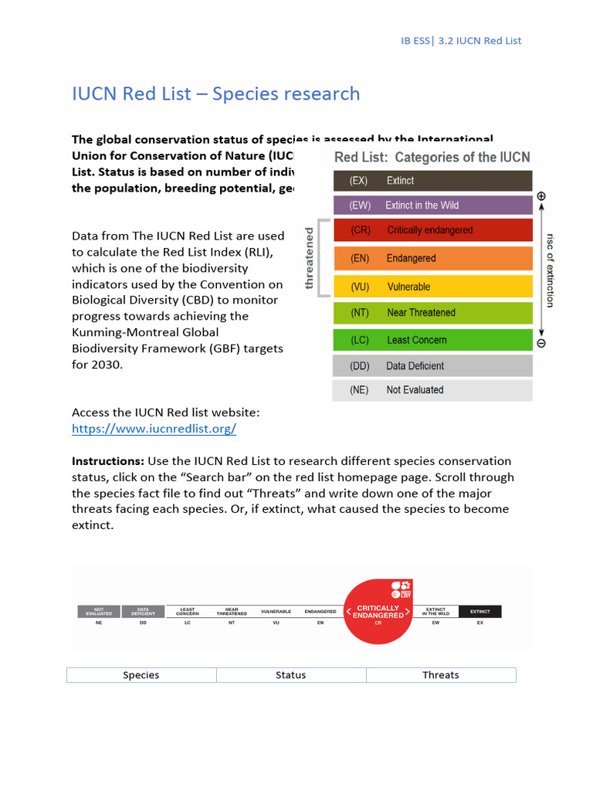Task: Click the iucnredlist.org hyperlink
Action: (x=154, y=429)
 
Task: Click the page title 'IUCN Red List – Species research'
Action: (x=215, y=94)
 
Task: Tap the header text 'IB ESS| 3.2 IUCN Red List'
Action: (x=461, y=40)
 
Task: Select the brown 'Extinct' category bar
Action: (x=432, y=181)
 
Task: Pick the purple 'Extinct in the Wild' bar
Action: (x=432, y=205)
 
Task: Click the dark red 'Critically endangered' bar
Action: (x=432, y=230)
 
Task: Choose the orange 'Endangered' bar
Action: (x=432, y=259)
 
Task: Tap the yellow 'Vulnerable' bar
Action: (x=432, y=287)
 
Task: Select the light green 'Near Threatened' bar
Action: (x=432, y=313)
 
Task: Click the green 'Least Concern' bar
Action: (x=432, y=340)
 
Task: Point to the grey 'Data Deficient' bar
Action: (x=432, y=366)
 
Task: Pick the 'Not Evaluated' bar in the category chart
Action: (x=432, y=390)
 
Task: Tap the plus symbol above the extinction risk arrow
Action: (x=541, y=197)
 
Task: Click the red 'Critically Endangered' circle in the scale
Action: (x=378, y=611)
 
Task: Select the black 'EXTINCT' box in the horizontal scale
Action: (x=479, y=611)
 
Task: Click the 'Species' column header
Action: (x=141, y=675)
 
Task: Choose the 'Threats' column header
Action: (x=441, y=675)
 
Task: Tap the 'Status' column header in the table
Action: (x=291, y=675)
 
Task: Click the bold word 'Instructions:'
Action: (x=108, y=461)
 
